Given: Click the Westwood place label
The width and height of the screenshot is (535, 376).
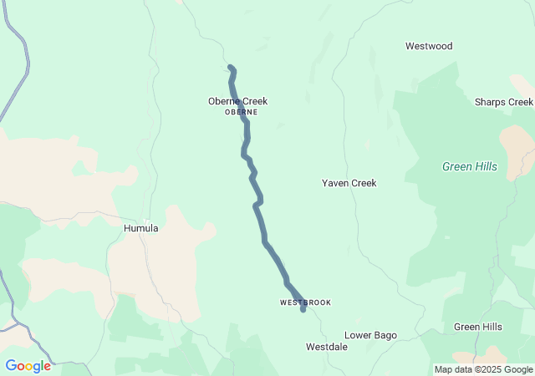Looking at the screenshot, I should pyautogui.click(x=428, y=46).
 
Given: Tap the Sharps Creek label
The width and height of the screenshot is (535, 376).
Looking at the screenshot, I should pyautogui.click(x=503, y=102).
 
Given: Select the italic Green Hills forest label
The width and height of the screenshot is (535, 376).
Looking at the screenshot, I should pyautogui.click(x=469, y=167).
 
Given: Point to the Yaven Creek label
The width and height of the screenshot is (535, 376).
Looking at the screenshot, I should pyautogui.click(x=349, y=183).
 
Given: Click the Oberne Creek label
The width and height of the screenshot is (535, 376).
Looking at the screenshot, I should pyautogui.click(x=237, y=101).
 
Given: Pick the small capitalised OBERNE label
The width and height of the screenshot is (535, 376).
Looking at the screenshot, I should pyautogui.click(x=241, y=112).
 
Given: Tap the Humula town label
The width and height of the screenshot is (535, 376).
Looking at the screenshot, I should pyautogui.click(x=140, y=227).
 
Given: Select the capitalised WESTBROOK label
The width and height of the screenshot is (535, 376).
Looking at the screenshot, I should pyautogui.click(x=305, y=302).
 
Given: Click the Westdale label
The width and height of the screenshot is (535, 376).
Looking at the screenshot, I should pyautogui.click(x=326, y=346).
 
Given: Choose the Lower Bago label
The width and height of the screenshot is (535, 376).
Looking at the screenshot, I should pyautogui.click(x=370, y=335).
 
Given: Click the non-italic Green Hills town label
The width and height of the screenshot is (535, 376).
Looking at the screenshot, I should pyautogui.click(x=478, y=327).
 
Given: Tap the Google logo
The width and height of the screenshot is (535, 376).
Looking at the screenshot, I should pyautogui.click(x=28, y=366).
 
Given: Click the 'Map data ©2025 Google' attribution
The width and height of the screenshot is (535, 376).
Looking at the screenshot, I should pyautogui.click(x=482, y=369).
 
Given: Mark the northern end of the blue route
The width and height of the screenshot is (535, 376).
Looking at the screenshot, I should pyautogui.click(x=230, y=67).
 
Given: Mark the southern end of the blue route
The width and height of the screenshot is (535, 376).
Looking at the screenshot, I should pyautogui.click(x=303, y=310).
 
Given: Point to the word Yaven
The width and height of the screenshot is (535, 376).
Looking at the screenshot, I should pyautogui.click(x=336, y=183).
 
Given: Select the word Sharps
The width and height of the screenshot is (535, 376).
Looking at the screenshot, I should pyautogui.click(x=490, y=102).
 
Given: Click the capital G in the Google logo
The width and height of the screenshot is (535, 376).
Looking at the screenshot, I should pyautogui.click(x=11, y=366).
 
